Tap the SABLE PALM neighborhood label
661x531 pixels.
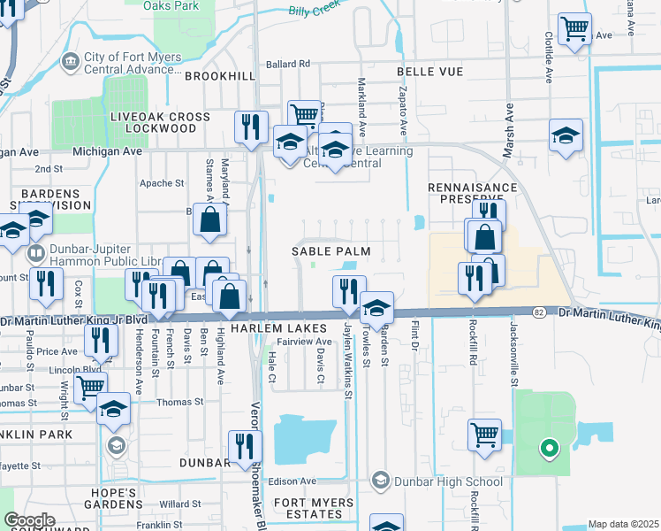[x=330, y=252]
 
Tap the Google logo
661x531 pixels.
[x=29, y=520]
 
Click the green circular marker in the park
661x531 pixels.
[x=549, y=449]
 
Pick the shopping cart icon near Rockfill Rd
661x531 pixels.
[x=484, y=435]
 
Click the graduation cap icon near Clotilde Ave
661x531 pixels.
[x=566, y=135]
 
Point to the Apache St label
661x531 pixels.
[x=162, y=184]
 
